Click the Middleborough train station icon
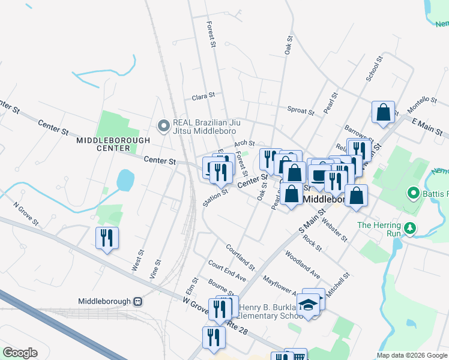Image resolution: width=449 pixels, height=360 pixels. pyautogui.click(x=139, y=301)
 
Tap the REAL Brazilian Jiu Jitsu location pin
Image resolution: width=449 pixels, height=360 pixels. pyautogui.click(x=163, y=125)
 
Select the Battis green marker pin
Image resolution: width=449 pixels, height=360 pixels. pyautogui.click(x=413, y=193)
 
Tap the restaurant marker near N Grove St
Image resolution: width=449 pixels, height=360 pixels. pyautogui.click(x=107, y=238)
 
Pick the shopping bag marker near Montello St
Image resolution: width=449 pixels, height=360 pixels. pyautogui.click(x=383, y=112)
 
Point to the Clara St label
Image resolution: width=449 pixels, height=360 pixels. pyautogui.click(x=203, y=97)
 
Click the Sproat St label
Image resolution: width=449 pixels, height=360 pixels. pyautogui.click(x=301, y=111)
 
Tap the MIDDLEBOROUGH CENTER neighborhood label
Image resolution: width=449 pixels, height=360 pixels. pyautogui.click(x=104, y=143)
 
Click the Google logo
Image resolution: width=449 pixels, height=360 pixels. pyautogui.click(x=20, y=352)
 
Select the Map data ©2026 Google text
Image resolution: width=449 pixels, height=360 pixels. pyautogui.click(x=412, y=355)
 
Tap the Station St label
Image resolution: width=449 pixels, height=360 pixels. pyautogui.click(x=215, y=197)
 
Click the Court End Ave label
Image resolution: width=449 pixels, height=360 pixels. pyautogui.click(x=227, y=271)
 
